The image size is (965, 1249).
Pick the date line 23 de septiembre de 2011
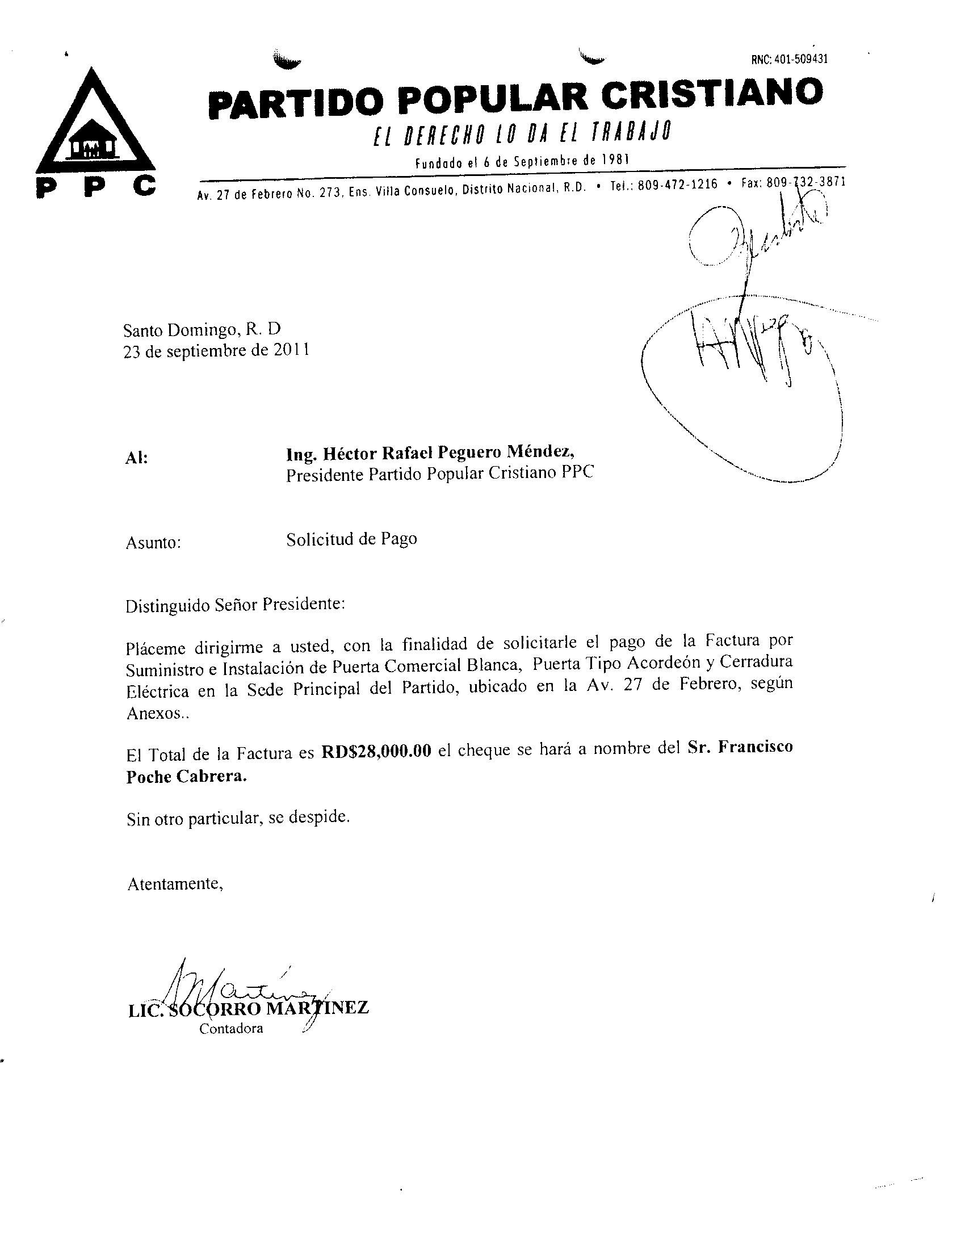217,350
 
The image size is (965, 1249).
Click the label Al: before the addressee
136,458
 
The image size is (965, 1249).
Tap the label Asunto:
153,542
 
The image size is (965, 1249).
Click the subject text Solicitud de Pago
351,539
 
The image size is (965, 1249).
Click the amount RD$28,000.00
376,752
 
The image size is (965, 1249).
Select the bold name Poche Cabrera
187,777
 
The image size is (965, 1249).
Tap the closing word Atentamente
174,884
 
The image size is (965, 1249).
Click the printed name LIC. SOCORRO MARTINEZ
249,1008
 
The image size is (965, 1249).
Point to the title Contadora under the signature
231,1028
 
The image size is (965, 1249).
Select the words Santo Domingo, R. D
203,329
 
